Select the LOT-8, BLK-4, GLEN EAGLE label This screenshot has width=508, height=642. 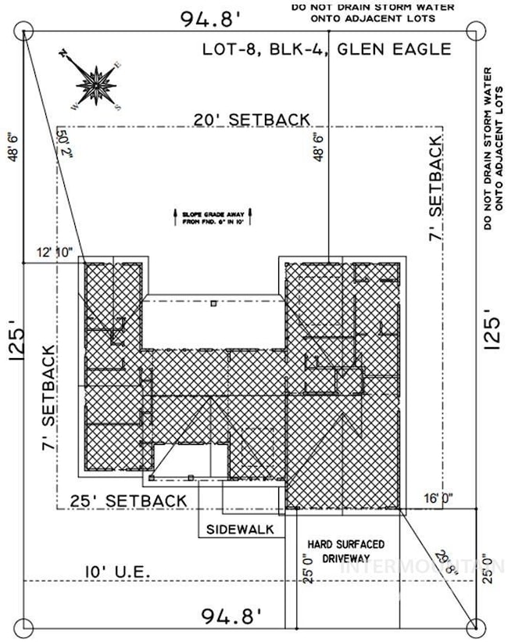(x=327, y=48)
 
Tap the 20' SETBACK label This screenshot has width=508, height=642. (x=252, y=119)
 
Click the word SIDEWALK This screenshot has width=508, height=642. (x=240, y=529)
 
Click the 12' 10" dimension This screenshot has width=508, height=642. (x=54, y=253)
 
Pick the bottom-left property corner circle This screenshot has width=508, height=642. (x=27, y=627)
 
